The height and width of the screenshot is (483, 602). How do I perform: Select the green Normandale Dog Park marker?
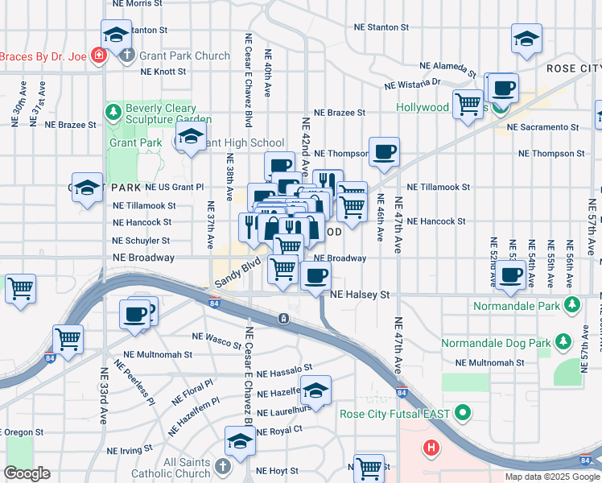click(563, 343)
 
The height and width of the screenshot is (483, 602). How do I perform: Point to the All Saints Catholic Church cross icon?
click(223, 465)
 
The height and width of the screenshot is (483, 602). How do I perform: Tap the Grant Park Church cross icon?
click(126, 56)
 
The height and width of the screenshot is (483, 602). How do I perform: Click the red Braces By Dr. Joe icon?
click(98, 56)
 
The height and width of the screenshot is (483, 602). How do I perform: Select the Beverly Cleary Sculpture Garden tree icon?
click(113, 109)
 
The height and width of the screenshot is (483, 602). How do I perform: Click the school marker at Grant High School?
click(192, 139)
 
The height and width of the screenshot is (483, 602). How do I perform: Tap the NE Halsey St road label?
click(361, 295)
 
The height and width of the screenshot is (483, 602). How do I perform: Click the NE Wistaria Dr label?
click(412, 83)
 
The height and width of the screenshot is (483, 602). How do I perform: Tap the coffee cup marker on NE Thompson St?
click(384, 153)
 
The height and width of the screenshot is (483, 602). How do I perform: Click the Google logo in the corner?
click(27, 473)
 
